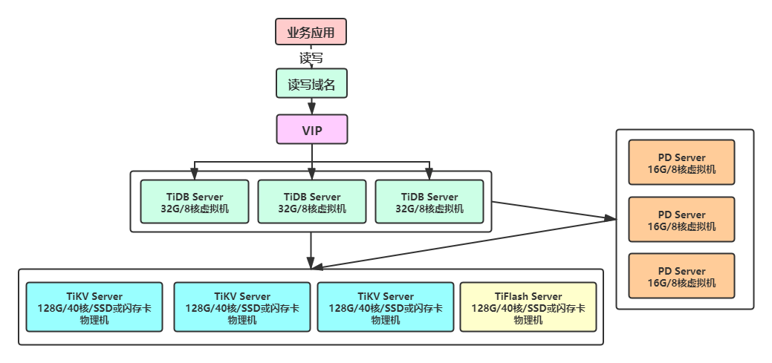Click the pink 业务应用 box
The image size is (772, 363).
pyautogui.click(x=311, y=33)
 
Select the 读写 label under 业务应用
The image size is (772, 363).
pyautogui.click(x=311, y=57)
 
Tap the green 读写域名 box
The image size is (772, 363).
pyautogui.click(x=311, y=85)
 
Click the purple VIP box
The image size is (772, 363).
pyautogui.click(x=311, y=129)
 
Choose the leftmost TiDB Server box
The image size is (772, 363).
pyautogui.click(x=195, y=202)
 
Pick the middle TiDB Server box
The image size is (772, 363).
pyautogui.click(x=311, y=202)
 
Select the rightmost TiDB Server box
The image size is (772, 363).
pyautogui.click(x=429, y=202)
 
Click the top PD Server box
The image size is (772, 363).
pyautogui.click(x=681, y=163)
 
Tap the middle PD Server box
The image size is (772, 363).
pyautogui.click(x=681, y=220)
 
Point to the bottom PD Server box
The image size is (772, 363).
pyautogui.click(x=681, y=276)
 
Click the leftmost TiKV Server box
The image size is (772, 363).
pyautogui.click(x=94, y=307)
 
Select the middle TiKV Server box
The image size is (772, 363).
pyautogui.click(x=241, y=307)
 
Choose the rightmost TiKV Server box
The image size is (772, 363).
pyautogui.click(x=385, y=307)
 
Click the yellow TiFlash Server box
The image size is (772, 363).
pyautogui.click(x=528, y=307)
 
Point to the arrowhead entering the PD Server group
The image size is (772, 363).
pyautogui.click(x=611, y=218)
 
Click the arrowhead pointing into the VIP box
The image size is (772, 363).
pyautogui.click(x=311, y=111)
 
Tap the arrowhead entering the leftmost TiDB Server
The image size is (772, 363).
pyautogui.click(x=195, y=175)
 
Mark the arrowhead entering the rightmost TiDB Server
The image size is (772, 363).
pyautogui.click(x=429, y=175)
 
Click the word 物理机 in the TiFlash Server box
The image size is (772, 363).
pyautogui.click(x=528, y=320)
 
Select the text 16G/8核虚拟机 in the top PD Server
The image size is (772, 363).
pyautogui.click(x=681, y=169)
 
